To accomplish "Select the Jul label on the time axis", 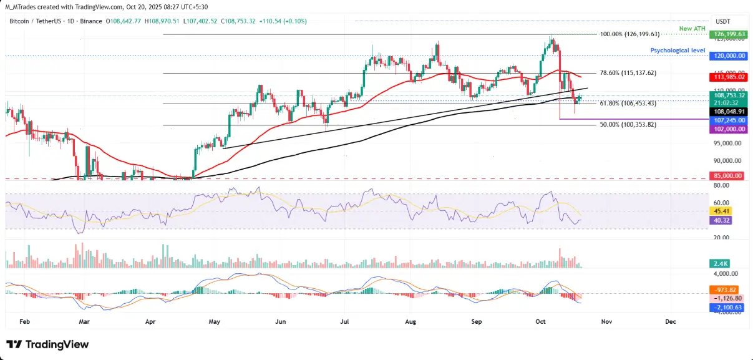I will (x=345, y=322).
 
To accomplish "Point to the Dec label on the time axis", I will (x=671, y=322).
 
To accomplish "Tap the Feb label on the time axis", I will (x=25, y=322).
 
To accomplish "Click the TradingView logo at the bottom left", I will (x=47, y=344).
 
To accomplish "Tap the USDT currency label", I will (x=724, y=21).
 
